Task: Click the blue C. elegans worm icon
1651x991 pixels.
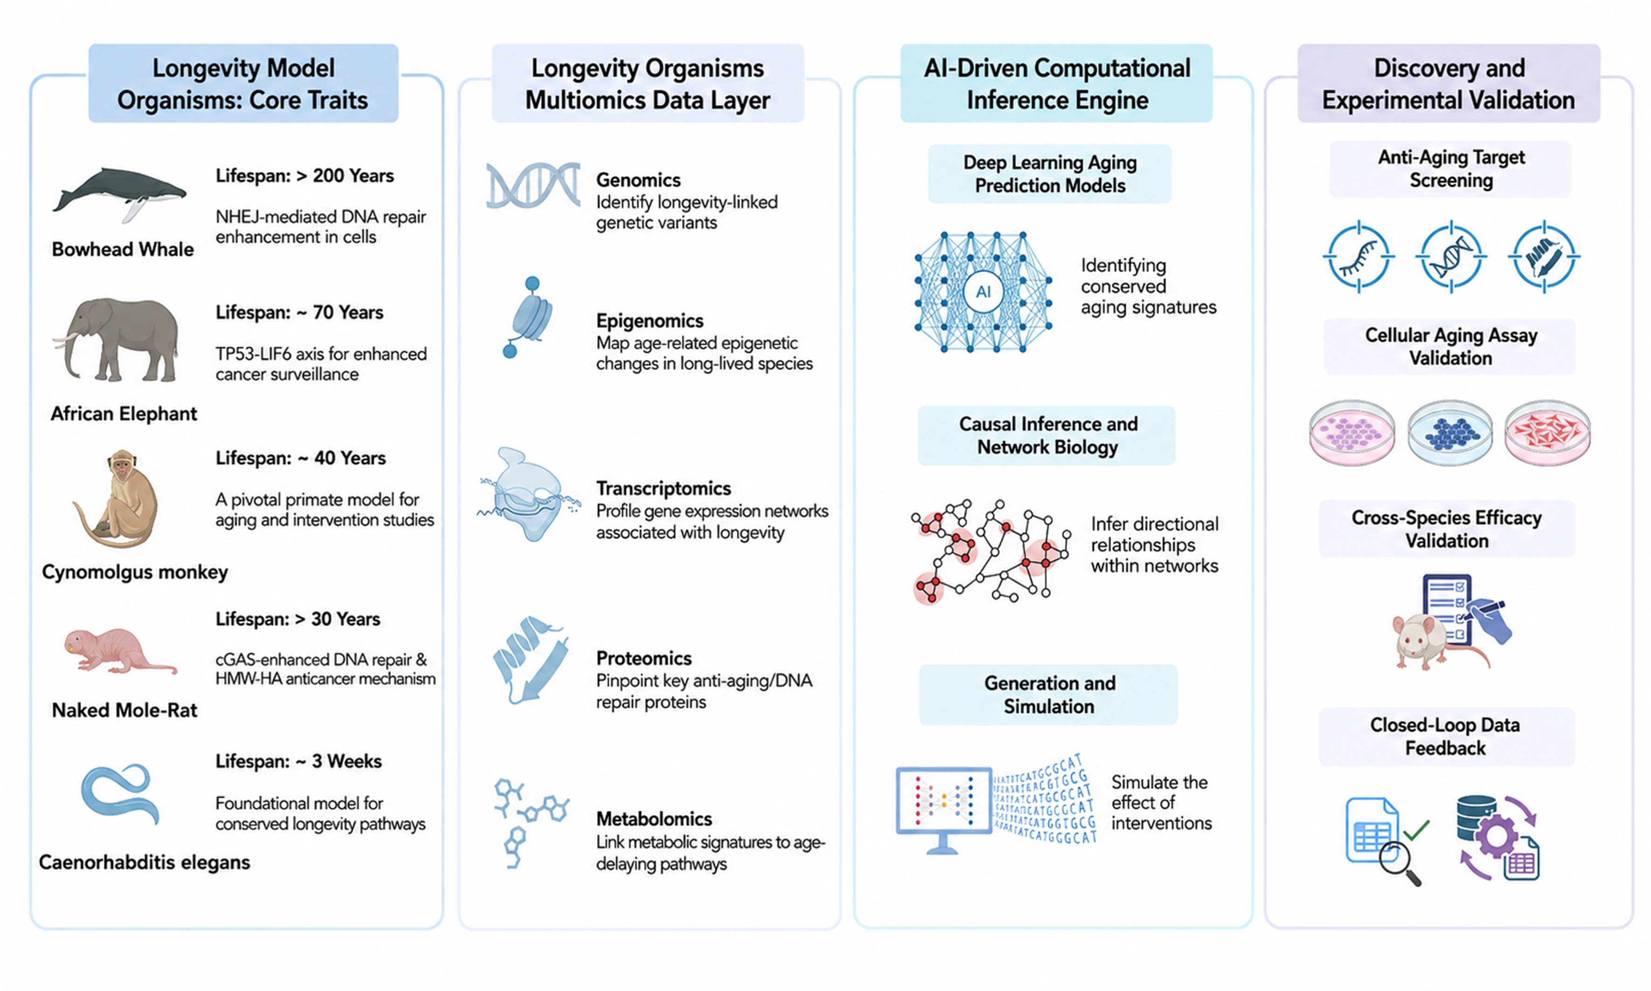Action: click(121, 795)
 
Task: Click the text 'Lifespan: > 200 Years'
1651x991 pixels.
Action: click(304, 176)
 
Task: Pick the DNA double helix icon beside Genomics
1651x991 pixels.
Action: click(533, 185)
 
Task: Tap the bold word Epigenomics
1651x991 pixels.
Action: click(650, 321)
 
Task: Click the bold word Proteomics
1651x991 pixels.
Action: click(644, 659)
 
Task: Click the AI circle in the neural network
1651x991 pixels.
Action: click(983, 292)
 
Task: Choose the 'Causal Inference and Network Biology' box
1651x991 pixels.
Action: click(1046, 435)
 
